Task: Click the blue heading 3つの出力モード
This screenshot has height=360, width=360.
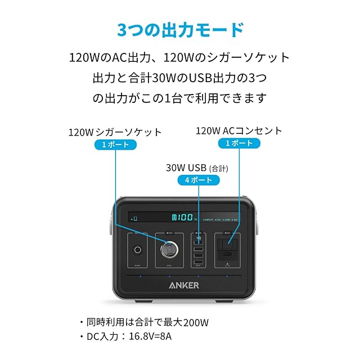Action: tap(180, 29)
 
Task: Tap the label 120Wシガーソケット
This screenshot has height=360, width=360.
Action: tap(115, 132)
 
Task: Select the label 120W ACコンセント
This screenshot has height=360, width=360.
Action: tap(238, 130)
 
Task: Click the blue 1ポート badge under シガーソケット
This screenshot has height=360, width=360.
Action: tap(115, 145)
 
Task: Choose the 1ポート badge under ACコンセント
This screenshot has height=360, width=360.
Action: tap(238, 143)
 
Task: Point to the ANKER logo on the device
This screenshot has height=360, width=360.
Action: tap(183, 285)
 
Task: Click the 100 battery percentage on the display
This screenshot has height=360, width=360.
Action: tap(183, 217)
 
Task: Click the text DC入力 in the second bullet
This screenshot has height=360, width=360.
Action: tap(103, 338)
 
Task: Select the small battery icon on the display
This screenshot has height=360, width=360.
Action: tap(136, 218)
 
